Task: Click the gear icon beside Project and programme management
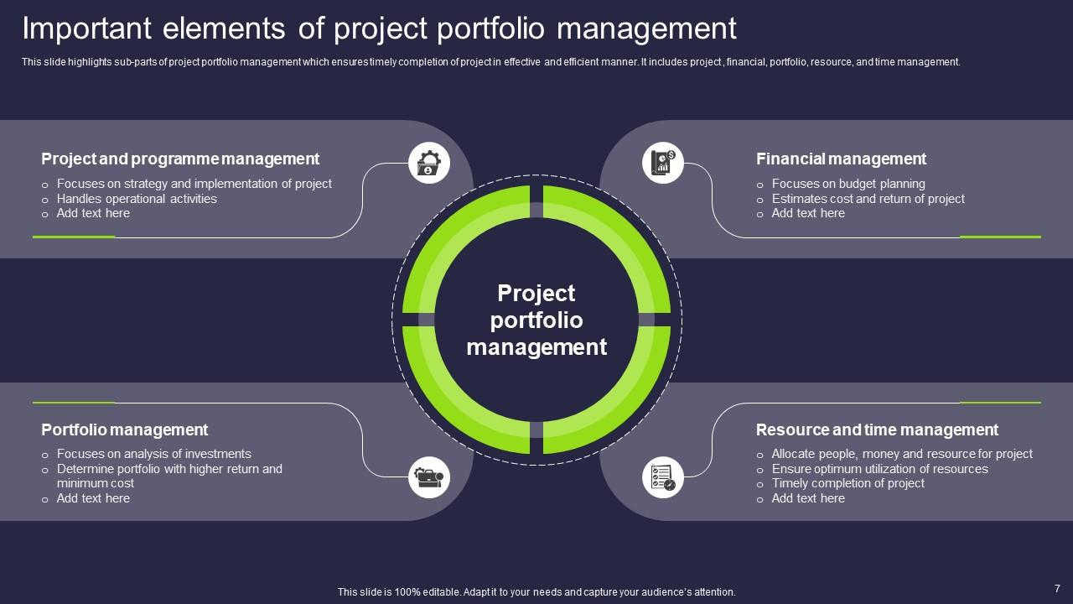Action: pyautogui.click(x=428, y=163)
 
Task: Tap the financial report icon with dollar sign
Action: pyautogui.click(x=663, y=163)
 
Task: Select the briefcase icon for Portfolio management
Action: pyautogui.click(x=428, y=477)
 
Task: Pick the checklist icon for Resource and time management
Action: pyautogui.click(x=663, y=477)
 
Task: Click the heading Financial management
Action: pyautogui.click(x=841, y=159)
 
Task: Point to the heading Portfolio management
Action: pyautogui.click(x=125, y=430)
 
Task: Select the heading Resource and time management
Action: pyautogui.click(x=877, y=430)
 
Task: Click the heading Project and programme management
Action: pyautogui.click(x=180, y=159)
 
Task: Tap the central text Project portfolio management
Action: pyautogui.click(x=536, y=320)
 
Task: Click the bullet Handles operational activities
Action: pyautogui.click(x=137, y=199)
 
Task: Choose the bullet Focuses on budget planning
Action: pyautogui.click(x=848, y=184)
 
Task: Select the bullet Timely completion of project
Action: pyautogui.click(x=848, y=483)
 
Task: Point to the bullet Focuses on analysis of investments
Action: pyautogui.click(x=153, y=454)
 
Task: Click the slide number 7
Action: pyautogui.click(x=1057, y=589)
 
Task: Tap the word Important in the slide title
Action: pyautogui.click(x=86, y=29)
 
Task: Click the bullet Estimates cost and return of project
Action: pyautogui.click(x=868, y=199)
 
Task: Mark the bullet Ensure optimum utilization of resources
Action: pyautogui.click(x=879, y=469)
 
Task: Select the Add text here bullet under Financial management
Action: pyautogui.click(x=808, y=213)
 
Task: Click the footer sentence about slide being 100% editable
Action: pyautogui.click(x=536, y=592)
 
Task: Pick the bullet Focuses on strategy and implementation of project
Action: pyautogui.click(x=194, y=184)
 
